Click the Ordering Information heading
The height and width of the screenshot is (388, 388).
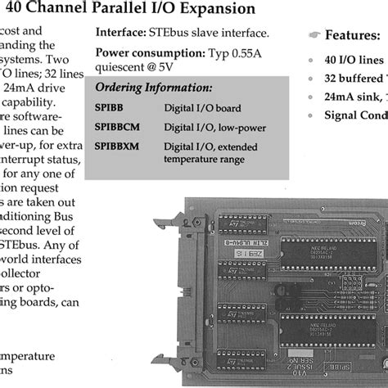click(153, 88)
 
